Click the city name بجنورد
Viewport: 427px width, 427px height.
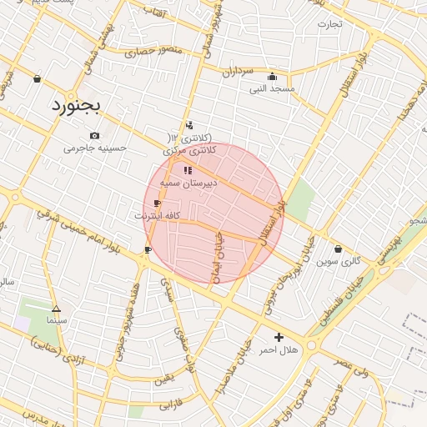click(x=74, y=104)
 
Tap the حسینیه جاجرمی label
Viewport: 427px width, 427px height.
click(x=96, y=148)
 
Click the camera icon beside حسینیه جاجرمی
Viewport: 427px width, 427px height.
click(x=94, y=135)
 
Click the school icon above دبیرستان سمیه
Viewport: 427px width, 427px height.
click(x=188, y=170)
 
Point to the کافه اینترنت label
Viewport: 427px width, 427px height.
click(x=158, y=215)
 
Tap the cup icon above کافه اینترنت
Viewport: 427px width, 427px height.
click(x=157, y=203)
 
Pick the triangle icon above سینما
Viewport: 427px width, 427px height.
click(x=56, y=308)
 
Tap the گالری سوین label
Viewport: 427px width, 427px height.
click(x=339, y=261)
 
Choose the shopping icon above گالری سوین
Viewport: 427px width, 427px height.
click(x=338, y=249)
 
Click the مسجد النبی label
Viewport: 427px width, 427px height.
click(x=273, y=88)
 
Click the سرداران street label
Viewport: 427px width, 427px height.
click(x=237, y=73)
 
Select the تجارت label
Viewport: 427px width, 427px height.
click(x=329, y=23)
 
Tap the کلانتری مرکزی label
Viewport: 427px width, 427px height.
click(x=189, y=150)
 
